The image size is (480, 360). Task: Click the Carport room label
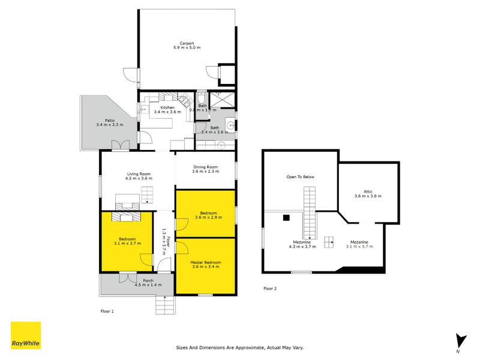tap(186, 43)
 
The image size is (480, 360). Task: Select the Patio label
tap(109, 120)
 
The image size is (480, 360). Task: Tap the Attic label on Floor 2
tap(368, 191)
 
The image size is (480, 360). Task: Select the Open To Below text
tap(299, 177)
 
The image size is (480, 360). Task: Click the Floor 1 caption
tap(107, 311)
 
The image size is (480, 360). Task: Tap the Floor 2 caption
tap(270, 289)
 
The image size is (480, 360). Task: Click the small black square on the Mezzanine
tap(287, 217)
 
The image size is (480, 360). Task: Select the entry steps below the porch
tap(166, 306)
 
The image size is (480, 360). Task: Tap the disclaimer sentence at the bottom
tap(240, 347)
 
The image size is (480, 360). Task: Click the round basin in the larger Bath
tap(229, 125)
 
